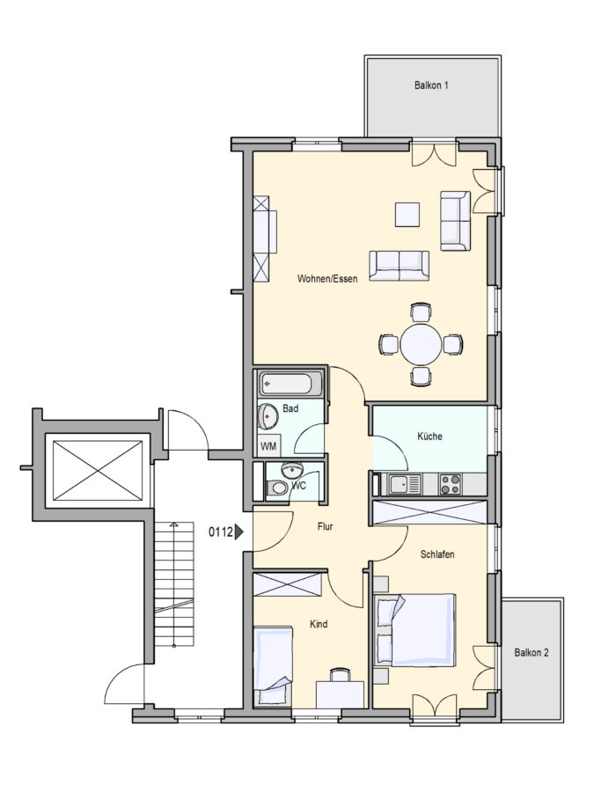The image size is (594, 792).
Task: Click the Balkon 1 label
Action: pos(431,85)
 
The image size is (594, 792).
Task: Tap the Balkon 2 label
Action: pos(532,653)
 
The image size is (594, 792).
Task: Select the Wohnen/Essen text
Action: pos(327,279)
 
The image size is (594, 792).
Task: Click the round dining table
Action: pos(421,344)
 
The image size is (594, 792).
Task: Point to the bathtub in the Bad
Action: pos(290,384)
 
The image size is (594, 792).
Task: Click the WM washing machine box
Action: pos(268,446)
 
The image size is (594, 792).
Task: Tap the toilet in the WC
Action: pos(277,488)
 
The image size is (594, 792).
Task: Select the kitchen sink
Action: pos(405,485)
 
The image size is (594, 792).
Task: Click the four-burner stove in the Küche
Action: pos(450,484)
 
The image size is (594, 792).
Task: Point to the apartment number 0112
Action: pos(221,532)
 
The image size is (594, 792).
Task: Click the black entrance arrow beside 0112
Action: pos(239,532)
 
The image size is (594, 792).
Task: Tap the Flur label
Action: pos(326,526)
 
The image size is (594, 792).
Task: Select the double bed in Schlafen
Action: pos(414,630)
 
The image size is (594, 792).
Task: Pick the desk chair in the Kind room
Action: pos(340,675)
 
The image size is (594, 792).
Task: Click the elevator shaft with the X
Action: pos(98,471)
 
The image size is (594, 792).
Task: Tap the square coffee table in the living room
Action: pos(407,215)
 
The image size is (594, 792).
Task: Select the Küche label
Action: pos(429,436)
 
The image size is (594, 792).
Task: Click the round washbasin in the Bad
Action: pos(268,416)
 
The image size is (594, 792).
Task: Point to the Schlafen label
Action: pos(437,554)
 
